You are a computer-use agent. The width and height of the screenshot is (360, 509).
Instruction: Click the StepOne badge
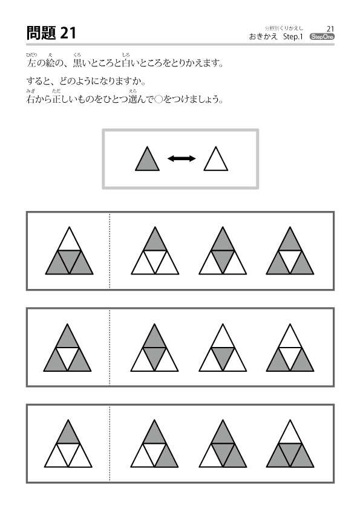(322, 37)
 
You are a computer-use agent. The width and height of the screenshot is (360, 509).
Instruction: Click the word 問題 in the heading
(41, 33)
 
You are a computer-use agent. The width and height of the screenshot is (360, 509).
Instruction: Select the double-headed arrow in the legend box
(182, 158)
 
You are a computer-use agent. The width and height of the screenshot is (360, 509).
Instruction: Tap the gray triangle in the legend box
(147, 159)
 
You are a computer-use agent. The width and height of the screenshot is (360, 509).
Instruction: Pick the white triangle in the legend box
(216, 159)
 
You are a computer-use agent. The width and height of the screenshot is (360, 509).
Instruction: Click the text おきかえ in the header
(264, 37)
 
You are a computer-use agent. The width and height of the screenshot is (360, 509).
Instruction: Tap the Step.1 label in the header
(293, 37)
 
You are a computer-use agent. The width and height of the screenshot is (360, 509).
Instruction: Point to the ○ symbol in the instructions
(159, 100)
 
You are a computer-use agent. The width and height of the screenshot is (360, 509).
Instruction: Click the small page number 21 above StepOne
(330, 29)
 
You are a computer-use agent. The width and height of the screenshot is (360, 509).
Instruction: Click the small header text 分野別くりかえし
(284, 28)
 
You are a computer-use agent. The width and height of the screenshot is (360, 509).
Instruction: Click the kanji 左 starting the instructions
(31, 63)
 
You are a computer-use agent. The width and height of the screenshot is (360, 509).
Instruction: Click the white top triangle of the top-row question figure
(69, 239)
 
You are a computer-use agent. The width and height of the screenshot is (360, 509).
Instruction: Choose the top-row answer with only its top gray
(155, 251)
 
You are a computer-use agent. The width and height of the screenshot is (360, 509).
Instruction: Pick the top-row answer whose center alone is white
(290, 251)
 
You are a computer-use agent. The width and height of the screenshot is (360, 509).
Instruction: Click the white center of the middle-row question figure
(67, 358)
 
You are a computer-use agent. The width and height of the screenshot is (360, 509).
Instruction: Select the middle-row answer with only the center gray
(223, 348)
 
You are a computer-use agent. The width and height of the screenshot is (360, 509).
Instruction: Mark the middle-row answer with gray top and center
(154, 348)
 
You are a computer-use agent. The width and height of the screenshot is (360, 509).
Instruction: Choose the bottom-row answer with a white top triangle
(290, 444)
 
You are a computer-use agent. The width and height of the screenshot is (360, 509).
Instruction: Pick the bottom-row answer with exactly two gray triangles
(154, 444)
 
